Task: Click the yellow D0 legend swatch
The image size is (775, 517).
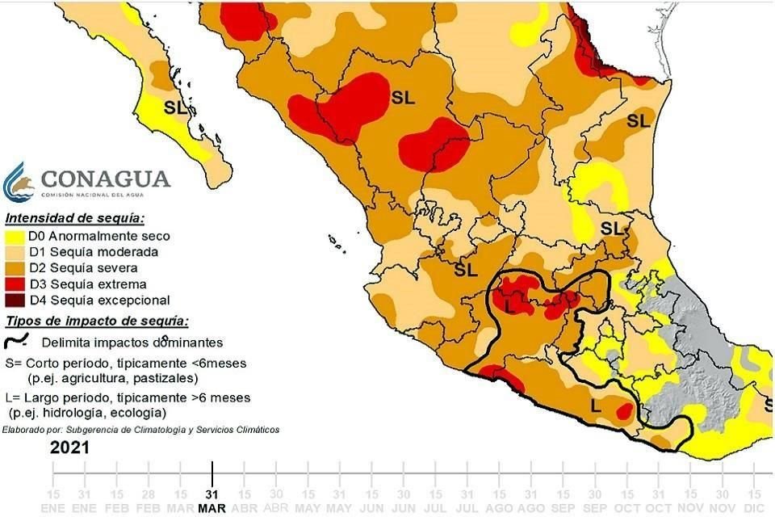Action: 15,236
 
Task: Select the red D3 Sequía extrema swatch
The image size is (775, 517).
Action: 15,284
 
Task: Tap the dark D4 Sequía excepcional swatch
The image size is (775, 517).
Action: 15,301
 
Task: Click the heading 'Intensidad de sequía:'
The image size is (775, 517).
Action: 74,218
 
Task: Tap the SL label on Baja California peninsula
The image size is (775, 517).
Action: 175,107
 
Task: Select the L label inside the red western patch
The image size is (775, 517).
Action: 509,307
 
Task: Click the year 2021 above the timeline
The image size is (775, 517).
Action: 69,447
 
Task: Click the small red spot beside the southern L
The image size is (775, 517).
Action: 622,412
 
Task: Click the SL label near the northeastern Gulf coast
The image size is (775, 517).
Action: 638,121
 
